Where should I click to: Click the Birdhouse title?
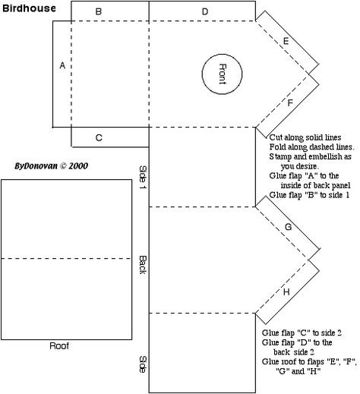click(29, 8)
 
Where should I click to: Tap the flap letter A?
click(62, 65)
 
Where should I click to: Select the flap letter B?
click(99, 11)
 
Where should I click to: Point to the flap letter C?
click(99, 137)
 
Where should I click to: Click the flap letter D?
click(205, 11)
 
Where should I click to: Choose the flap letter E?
click(286, 41)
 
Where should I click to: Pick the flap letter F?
click(290, 102)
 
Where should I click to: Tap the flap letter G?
click(289, 227)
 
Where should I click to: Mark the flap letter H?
click(286, 292)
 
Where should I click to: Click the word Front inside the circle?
click(223, 74)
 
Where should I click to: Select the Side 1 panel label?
click(143, 177)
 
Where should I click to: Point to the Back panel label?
click(143, 265)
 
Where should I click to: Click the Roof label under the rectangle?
click(59, 345)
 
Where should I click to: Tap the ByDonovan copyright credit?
click(51, 166)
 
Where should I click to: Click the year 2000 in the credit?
click(78, 166)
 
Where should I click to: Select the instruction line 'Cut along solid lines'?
click(305, 137)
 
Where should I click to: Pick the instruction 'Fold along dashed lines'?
click(311, 147)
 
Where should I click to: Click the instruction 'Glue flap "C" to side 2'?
click(302, 333)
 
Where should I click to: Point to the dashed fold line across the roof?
click(66, 259)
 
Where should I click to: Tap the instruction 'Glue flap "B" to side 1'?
click(309, 195)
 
